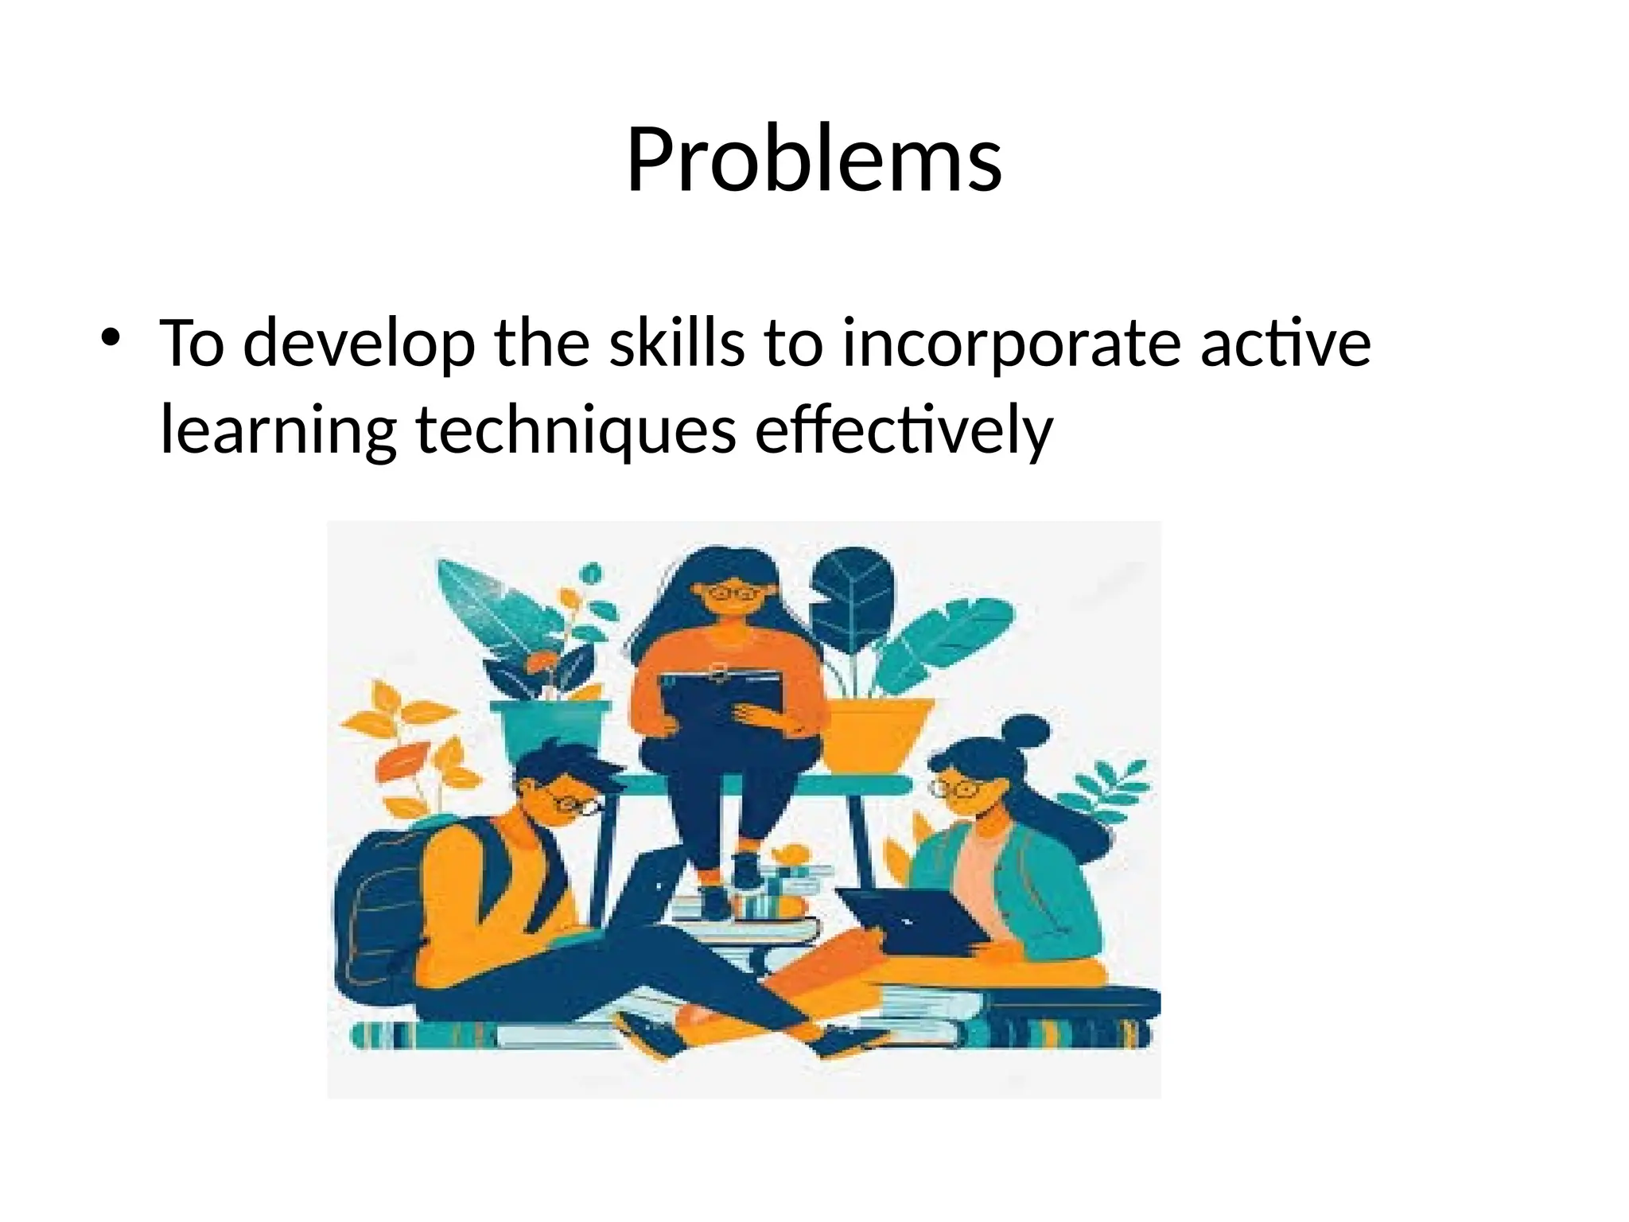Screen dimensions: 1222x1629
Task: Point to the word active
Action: pos(1285,344)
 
